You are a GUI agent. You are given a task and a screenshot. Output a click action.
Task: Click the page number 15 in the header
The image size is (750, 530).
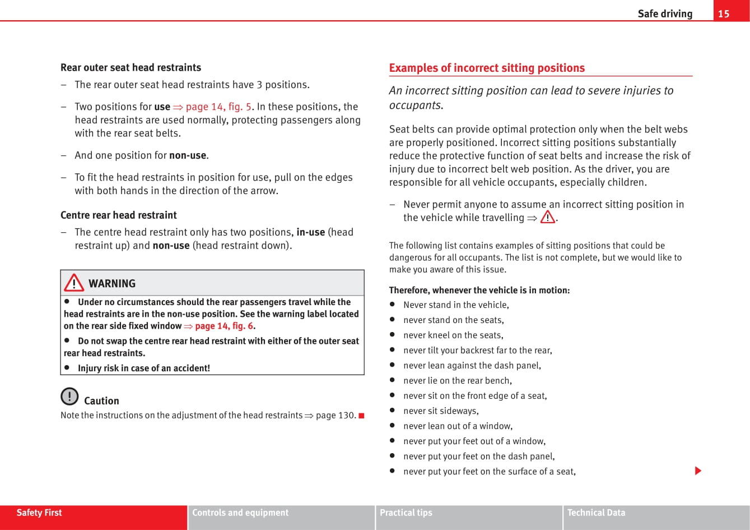(x=724, y=13)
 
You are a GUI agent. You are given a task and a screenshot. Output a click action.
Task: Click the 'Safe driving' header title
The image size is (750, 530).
(x=665, y=13)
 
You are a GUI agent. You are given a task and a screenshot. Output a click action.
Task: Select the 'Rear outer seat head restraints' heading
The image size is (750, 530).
(x=131, y=67)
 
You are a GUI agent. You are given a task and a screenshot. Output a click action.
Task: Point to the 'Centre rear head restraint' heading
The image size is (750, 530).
(x=118, y=215)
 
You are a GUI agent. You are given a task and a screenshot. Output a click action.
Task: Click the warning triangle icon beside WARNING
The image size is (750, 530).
(x=74, y=283)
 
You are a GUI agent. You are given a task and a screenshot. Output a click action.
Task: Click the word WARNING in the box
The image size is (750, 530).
(x=112, y=283)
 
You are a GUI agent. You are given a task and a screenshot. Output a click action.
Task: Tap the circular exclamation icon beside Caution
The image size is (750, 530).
(x=69, y=397)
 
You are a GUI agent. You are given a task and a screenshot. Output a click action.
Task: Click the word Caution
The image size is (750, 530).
(x=101, y=400)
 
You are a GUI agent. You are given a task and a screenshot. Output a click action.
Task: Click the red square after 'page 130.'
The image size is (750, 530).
(x=361, y=416)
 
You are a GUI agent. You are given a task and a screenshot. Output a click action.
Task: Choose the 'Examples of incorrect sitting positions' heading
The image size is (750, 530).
(x=487, y=68)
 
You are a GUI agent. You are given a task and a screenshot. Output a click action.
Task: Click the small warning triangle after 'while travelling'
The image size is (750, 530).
(x=547, y=217)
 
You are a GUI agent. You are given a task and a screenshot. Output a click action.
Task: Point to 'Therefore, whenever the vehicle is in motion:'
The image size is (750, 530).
(x=479, y=290)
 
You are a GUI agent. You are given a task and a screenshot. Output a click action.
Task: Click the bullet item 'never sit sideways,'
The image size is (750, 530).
(x=441, y=411)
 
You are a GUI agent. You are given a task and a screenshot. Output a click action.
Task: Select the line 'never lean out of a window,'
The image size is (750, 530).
(x=458, y=426)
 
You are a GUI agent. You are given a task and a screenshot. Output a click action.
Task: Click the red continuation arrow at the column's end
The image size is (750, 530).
(x=698, y=471)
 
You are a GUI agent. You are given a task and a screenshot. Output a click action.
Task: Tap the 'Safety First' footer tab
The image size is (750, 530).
(x=39, y=513)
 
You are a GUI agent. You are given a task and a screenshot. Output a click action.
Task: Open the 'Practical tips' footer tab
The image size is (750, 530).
(x=406, y=513)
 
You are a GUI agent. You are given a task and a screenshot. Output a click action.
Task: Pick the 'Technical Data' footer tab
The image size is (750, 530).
(x=596, y=513)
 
